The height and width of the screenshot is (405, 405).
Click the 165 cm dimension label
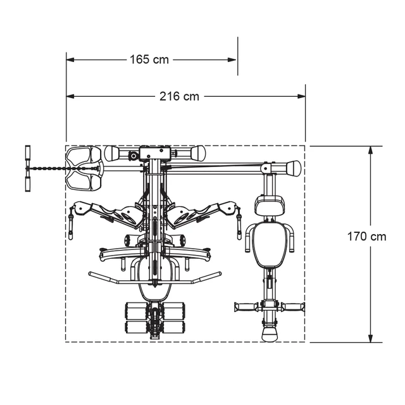click(149, 59)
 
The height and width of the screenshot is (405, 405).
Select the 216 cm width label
click(178, 97)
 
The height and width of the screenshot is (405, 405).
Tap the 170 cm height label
click(366, 237)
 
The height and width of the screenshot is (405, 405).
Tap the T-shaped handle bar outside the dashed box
click(27, 168)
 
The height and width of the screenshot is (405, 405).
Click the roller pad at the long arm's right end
click(293, 168)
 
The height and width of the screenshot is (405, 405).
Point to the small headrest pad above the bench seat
click(269, 206)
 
